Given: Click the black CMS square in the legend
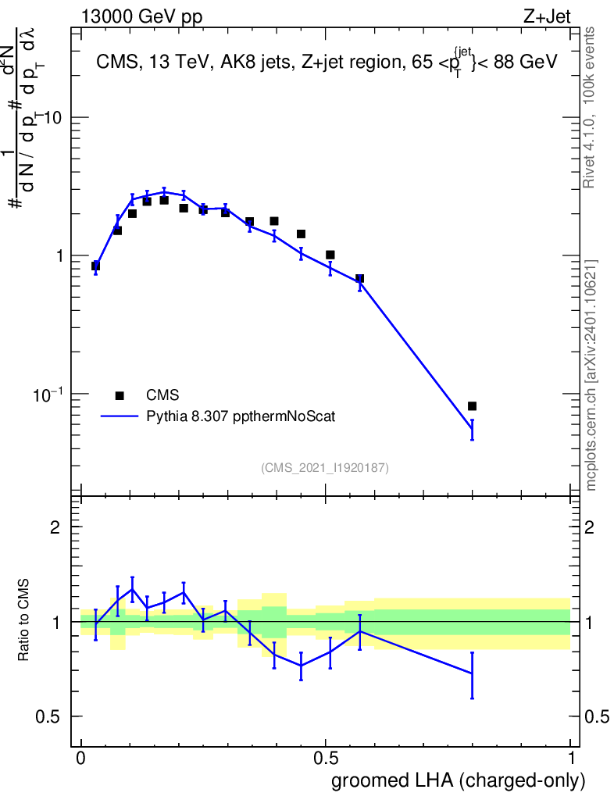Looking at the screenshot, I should click(120, 395).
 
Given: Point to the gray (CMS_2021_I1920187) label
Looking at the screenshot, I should click(325, 467).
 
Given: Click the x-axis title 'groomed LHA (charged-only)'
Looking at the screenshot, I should click(459, 780).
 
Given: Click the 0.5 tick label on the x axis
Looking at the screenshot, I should click(326, 758).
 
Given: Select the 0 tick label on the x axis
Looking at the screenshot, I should click(80, 758).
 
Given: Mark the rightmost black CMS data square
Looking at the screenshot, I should click(472, 406).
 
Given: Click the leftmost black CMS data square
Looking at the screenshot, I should click(95, 266).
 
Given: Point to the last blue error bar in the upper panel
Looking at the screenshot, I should click(472, 430).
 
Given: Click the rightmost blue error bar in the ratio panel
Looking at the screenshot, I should click(472, 674).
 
